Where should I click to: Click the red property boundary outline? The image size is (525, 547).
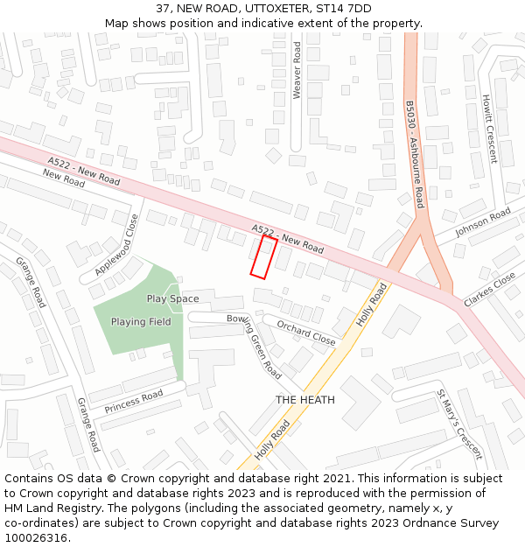[x=263, y=257]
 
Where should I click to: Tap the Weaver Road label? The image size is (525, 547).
[x=297, y=69]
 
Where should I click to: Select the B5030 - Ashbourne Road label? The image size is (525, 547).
[x=415, y=154]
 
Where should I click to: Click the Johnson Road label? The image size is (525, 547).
[x=483, y=222]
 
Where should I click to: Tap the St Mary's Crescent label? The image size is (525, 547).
[x=459, y=424]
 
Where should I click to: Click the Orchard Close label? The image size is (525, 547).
[x=306, y=332]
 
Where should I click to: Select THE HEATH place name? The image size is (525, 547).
[x=304, y=400]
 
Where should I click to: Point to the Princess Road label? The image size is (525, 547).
[x=134, y=403]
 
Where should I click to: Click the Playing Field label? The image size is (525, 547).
[x=141, y=322]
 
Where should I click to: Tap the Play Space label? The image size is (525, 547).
[x=172, y=298]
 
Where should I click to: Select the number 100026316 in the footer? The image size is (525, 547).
[x=36, y=537]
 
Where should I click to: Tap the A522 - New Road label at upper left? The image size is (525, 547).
[x=84, y=171]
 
